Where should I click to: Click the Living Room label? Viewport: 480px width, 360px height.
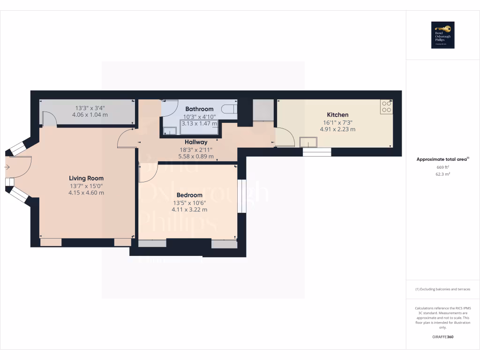pyautogui.click(x=86, y=178)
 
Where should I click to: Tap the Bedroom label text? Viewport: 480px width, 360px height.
pyautogui.click(x=189, y=195)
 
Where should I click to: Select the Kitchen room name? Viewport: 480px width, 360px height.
pyautogui.click(x=337, y=115)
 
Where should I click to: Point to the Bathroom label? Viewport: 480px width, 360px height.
pyautogui.click(x=199, y=109)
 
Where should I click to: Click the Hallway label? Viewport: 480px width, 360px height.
pyautogui.click(x=196, y=142)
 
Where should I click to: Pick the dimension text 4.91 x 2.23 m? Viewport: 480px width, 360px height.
pyautogui.click(x=337, y=129)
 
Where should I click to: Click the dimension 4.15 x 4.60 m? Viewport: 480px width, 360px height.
pyautogui.click(x=86, y=193)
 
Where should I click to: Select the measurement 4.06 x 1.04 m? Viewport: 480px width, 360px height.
pyautogui.click(x=90, y=114)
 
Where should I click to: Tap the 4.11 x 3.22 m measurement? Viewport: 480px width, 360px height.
pyautogui.click(x=189, y=210)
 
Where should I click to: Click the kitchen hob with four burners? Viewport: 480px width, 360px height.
pyautogui.click(x=387, y=106)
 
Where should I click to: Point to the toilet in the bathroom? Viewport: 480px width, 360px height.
pyautogui.click(x=229, y=110)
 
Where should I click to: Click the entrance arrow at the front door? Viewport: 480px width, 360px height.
pyautogui.click(x=7, y=166)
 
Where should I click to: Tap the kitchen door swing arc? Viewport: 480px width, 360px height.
pyautogui.click(x=285, y=136)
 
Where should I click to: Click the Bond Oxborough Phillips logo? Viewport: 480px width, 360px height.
pyautogui.click(x=442, y=35)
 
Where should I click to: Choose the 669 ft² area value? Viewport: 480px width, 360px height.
pyautogui.click(x=442, y=167)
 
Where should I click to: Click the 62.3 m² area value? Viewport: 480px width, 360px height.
pyautogui.click(x=442, y=174)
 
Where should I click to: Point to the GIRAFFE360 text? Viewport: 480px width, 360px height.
pyautogui.click(x=442, y=337)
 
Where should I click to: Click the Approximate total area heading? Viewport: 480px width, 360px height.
pyautogui.click(x=442, y=159)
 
